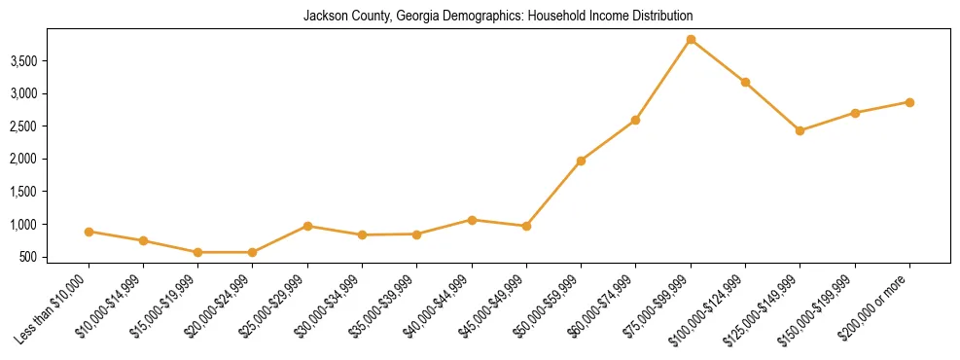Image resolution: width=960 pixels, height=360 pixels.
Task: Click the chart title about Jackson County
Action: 497,17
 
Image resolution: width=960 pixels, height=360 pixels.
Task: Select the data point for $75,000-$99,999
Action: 691,40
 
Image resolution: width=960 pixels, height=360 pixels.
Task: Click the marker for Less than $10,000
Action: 89,232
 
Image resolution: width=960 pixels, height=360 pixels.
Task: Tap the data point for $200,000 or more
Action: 909,102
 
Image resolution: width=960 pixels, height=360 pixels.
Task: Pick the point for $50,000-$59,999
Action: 581,161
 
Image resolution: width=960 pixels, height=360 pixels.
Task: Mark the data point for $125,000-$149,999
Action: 800,130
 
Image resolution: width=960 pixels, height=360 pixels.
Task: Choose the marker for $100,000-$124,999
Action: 745,82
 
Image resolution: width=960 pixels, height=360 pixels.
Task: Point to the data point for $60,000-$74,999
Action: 635,121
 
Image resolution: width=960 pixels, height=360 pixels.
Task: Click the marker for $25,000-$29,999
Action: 307,226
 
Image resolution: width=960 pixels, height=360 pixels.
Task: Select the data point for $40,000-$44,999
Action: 472,220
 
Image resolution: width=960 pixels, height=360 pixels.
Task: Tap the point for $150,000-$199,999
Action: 855,113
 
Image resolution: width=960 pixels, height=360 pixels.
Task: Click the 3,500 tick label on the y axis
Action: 51,61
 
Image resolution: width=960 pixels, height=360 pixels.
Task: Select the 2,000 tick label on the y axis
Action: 51,160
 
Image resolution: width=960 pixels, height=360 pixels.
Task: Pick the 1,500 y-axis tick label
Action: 51,193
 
